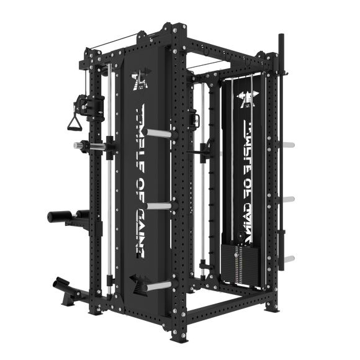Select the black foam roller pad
click(60, 217)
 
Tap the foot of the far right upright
click(271, 308)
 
